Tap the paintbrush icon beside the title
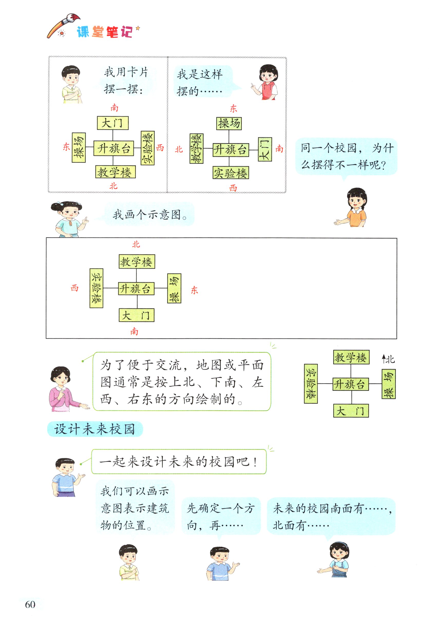pyautogui.click(x=63, y=26)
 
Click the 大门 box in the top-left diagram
pyautogui.click(x=112, y=123)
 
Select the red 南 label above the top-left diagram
pyautogui.click(x=115, y=108)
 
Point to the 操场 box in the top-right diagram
pyautogui.click(x=229, y=124)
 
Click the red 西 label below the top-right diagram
pyautogui.click(x=233, y=188)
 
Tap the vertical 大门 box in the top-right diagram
pyautogui.click(x=265, y=149)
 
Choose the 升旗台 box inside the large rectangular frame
pyautogui.click(x=136, y=289)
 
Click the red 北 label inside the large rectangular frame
pyautogui.click(x=136, y=244)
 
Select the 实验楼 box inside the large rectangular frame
pyautogui.click(x=96, y=288)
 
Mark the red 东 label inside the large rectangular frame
pyautogui.click(x=194, y=290)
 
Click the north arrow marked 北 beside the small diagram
pyautogui.click(x=388, y=359)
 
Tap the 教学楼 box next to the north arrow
pyautogui.click(x=351, y=357)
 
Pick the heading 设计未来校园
pyautogui.click(x=95, y=429)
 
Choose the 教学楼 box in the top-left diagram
pyautogui.click(x=115, y=172)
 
